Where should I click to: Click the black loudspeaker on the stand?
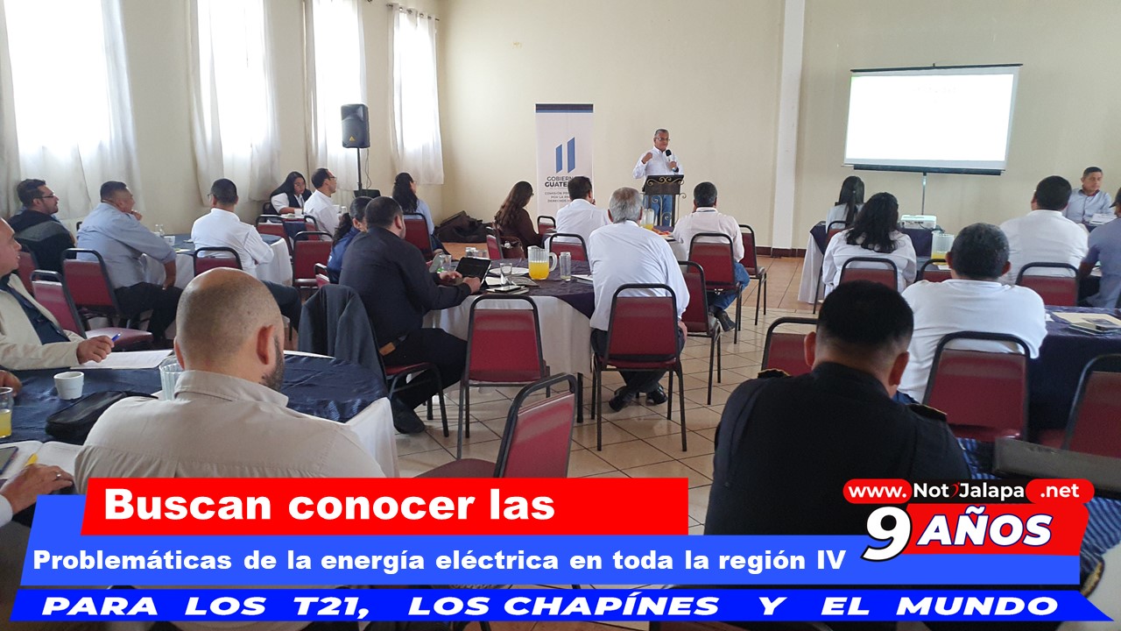coord(356,125)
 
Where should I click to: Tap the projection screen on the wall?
coord(931,118)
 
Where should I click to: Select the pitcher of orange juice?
coord(541,262)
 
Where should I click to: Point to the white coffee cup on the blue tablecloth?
coord(68,385)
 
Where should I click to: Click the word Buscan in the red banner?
coord(187,506)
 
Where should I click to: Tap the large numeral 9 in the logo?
coord(886,535)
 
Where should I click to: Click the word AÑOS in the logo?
coord(984,530)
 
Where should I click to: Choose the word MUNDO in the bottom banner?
coord(976,606)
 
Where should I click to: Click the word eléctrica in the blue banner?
coord(497,560)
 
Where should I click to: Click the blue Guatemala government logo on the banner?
coord(565,155)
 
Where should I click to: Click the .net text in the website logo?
coord(1060,491)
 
